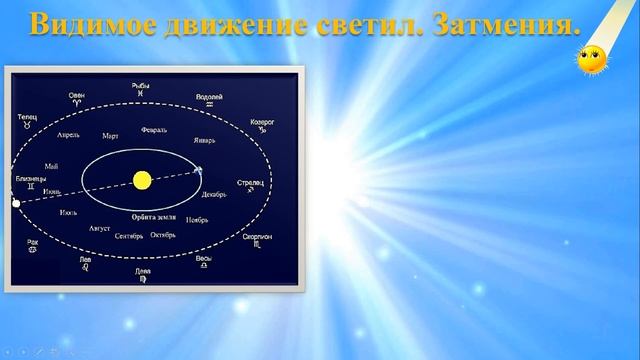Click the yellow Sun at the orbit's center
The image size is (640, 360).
click(141, 180)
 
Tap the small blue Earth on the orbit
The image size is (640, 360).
click(198, 170)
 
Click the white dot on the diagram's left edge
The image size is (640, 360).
click(15, 203)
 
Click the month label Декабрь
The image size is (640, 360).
click(215, 195)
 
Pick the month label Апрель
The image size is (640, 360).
click(69, 134)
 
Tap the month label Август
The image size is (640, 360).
click(99, 228)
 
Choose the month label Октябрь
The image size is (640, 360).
click(163, 236)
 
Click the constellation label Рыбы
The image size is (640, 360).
click(140, 87)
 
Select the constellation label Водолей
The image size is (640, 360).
click(209, 97)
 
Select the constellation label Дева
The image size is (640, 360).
click(143, 271)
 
